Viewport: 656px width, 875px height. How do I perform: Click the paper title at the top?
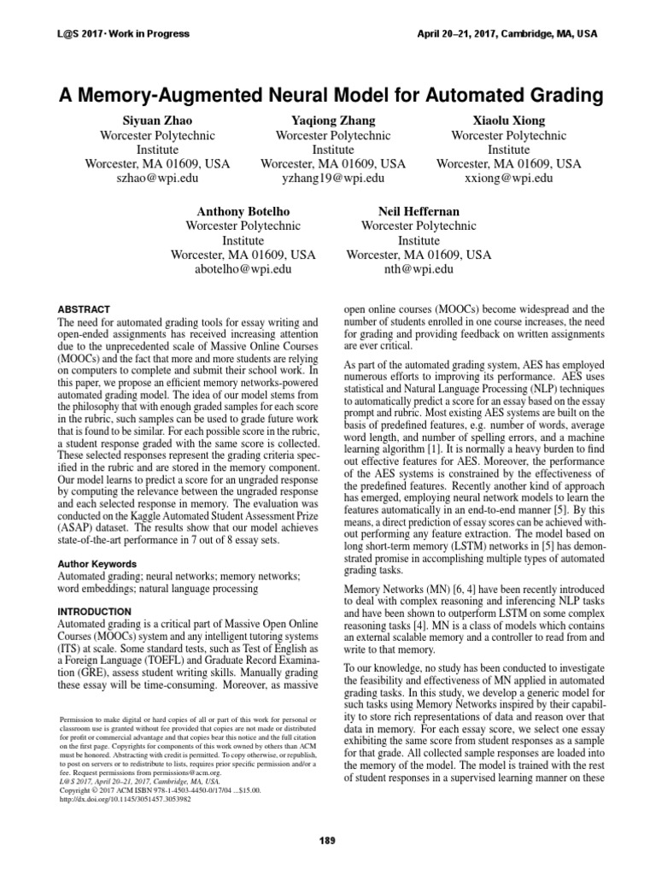coord(327,95)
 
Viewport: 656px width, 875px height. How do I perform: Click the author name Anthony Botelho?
coord(243,211)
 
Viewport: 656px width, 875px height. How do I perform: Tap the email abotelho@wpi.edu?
coord(243,269)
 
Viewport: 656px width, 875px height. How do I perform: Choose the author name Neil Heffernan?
coord(419,211)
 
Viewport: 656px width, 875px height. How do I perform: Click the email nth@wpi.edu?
coord(419,269)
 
